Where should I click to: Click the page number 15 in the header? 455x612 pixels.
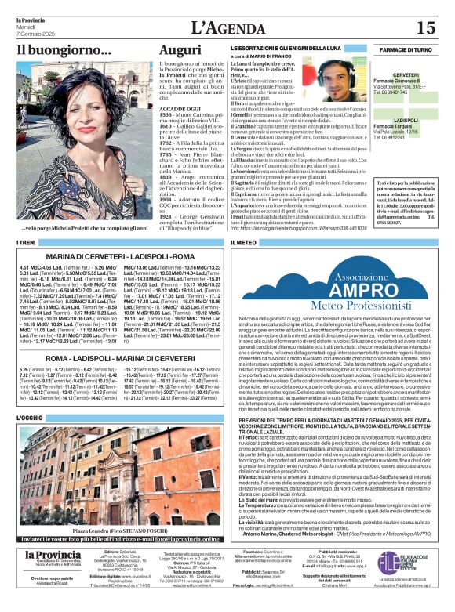coord(425,27)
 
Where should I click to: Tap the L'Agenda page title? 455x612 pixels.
coord(227,27)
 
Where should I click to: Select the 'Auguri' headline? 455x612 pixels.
coord(180,50)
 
